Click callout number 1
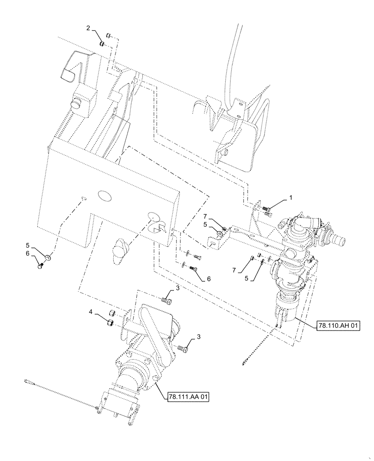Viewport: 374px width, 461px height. click(x=291, y=197)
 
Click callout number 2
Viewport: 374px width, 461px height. click(x=88, y=29)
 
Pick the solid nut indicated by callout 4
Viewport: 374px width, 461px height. click(x=111, y=323)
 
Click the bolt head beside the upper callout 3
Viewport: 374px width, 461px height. click(x=167, y=301)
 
